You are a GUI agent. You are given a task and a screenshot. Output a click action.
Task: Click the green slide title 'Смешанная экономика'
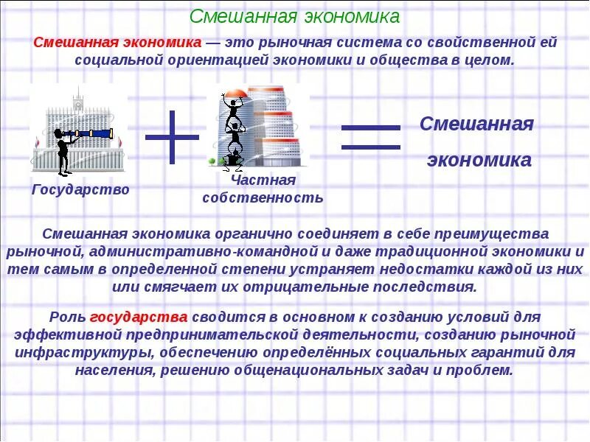click(x=295, y=16)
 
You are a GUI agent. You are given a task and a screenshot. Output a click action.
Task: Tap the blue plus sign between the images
click(x=172, y=137)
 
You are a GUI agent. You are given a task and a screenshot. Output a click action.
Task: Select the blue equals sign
click(x=370, y=137)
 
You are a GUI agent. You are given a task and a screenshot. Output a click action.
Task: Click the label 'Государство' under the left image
click(x=80, y=190)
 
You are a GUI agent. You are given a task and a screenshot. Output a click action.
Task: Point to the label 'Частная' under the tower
click(x=263, y=180)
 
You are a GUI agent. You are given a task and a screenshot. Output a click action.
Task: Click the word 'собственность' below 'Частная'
click(x=263, y=197)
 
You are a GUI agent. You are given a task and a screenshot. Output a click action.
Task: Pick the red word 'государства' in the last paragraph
click(x=139, y=318)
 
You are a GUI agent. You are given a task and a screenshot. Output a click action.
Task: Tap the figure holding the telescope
click(x=62, y=151)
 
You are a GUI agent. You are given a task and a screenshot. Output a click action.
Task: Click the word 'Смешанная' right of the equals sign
click(x=476, y=124)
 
